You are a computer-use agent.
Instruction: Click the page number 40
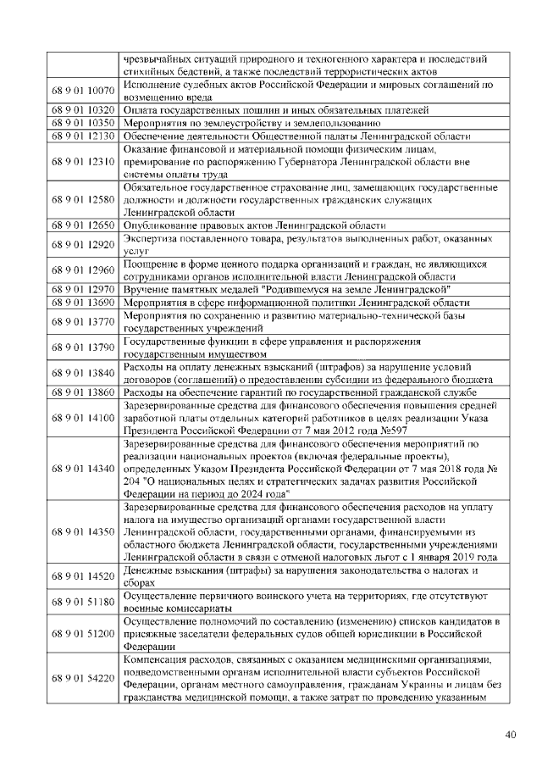pos(510,735)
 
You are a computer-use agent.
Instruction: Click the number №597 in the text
pos(402,430)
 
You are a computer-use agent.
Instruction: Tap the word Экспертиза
pos(151,239)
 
